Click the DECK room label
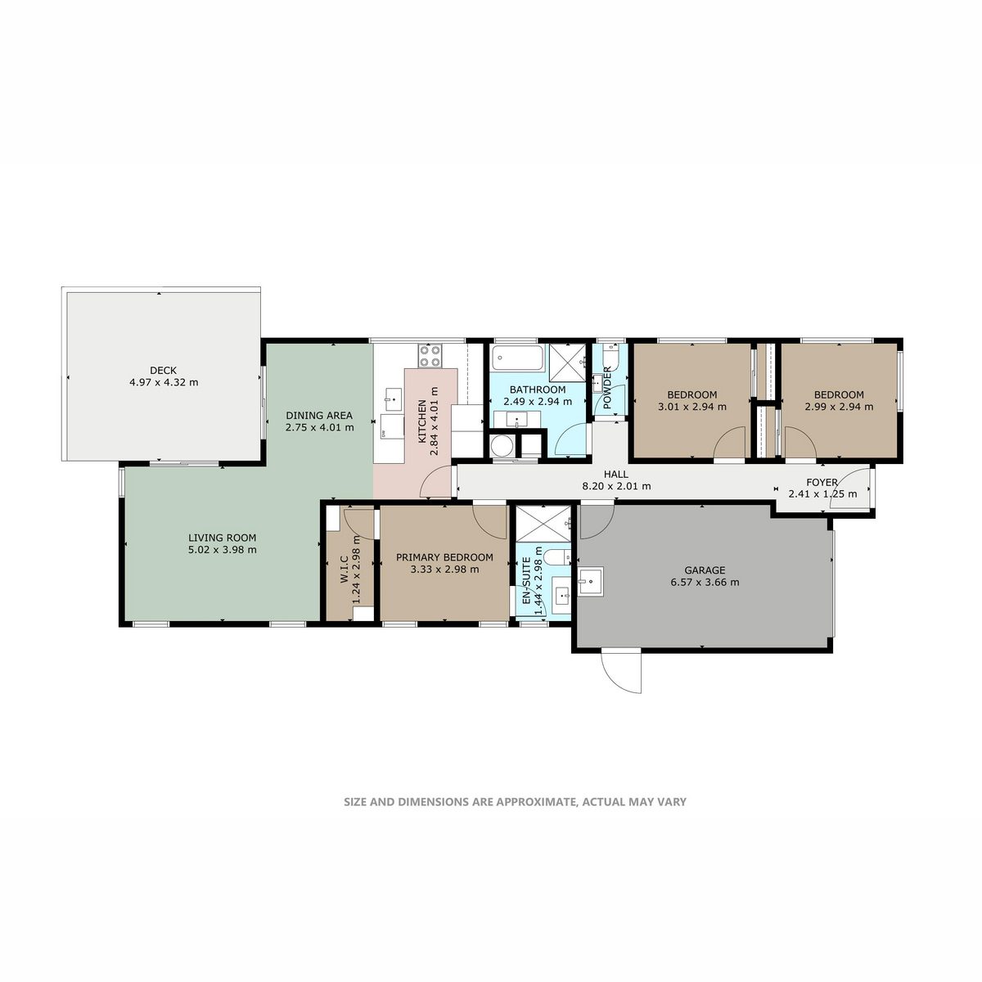163,371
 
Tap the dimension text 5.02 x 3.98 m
223,550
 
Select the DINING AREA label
319,416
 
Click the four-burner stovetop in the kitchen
430,356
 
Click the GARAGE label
705,570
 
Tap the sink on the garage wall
591,581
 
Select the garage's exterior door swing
621,672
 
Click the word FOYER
822,483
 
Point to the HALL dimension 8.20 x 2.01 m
617,486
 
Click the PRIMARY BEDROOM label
444,557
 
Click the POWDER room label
607,389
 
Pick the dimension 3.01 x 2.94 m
692,407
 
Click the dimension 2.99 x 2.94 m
839,407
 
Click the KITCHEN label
422,421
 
